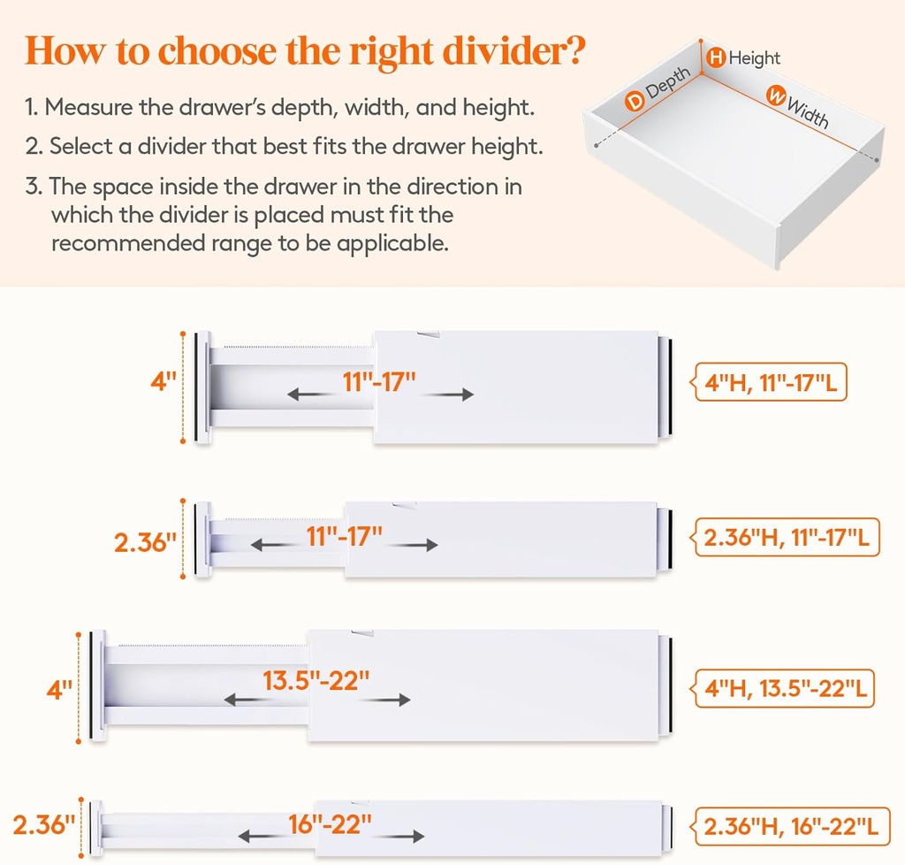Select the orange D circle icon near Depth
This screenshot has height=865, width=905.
(x=635, y=102)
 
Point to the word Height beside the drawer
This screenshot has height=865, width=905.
(x=754, y=58)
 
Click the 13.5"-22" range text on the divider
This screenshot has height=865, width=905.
(x=316, y=681)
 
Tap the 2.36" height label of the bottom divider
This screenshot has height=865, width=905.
(x=44, y=825)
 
